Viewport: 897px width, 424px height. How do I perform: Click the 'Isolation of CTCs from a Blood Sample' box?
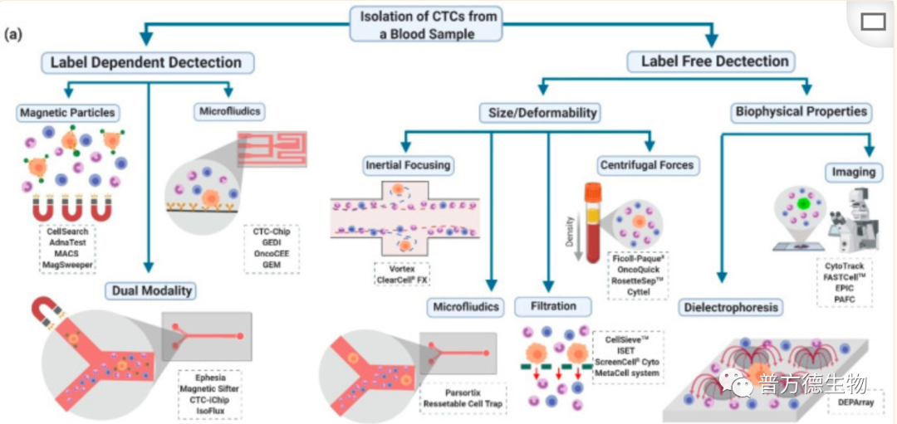tap(427, 23)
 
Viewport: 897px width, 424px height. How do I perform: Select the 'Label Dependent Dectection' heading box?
tap(146, 62)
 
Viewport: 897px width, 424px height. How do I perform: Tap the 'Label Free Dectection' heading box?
tap(714, 61)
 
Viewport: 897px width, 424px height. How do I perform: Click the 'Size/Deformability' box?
tap(539, 112)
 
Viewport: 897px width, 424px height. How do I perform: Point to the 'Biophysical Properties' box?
tap(801, 110)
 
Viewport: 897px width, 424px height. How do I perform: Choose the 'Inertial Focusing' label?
tap(408, 164)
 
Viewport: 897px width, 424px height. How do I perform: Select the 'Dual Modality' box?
tap(149, 290)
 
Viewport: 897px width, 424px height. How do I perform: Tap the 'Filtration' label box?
tap(552, 306)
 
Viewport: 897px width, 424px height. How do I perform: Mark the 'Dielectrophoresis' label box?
tap(731, 308)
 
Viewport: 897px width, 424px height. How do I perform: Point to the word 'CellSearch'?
tap(67, 231)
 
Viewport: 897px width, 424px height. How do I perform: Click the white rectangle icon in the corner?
tap(873, 22)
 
